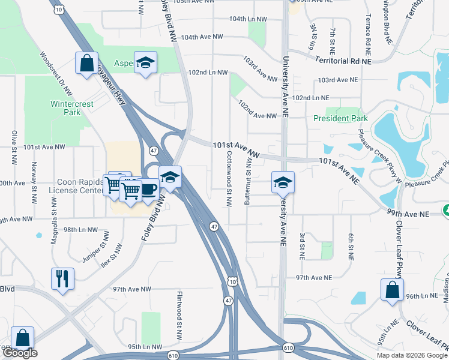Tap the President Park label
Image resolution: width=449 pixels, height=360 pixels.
click(x=340, y=118)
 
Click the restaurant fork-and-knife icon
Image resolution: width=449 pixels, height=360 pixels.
click(x=62, y=279)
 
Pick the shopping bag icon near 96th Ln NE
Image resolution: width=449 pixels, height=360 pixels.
click(x=392, y=290)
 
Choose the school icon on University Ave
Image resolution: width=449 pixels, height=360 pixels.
click(x=282, y=183)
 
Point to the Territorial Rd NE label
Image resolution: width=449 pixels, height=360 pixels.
click(x=343, y=61)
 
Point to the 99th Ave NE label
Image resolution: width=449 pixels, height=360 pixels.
click(x=408, y=213)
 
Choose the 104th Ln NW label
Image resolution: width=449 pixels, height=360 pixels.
click(x=248, y=19)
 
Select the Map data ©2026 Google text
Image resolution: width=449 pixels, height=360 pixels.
click(x=412, y=355)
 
